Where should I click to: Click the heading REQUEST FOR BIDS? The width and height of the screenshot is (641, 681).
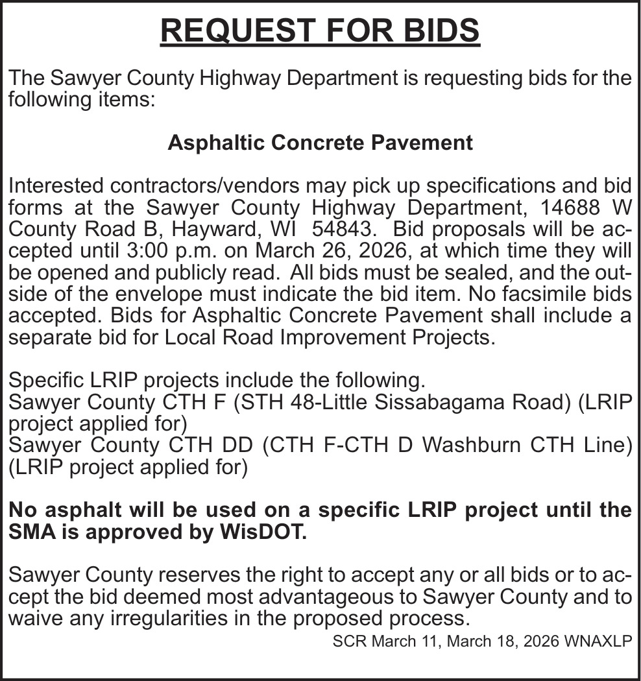point(320,30)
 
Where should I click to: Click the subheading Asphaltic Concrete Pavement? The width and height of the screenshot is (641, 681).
point(320,143)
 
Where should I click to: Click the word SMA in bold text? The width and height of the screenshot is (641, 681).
point(32,531)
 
